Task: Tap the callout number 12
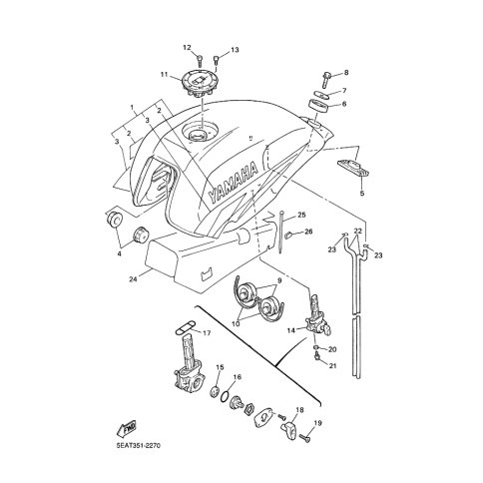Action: pyautogui.click(x=187, y=48)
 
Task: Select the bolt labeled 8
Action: pyautogui.click(x=326, y=79)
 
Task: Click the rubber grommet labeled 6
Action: pyautogui.click(x=318, y=106)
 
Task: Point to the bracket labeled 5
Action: pyautogui.click(x=354, y=168)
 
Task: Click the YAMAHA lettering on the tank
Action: pyautogui.click(x=234, y=183)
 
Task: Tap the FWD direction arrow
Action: pyautogui.click(x=126, y=429)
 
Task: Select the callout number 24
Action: pyautogui.click(x=134, y=279)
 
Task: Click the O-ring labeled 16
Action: pyautogui.click(x=225, y=396)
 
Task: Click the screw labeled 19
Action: pyautogui.click(x=305, y=438)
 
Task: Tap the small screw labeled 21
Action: pyautogui.click(x=317, y=357)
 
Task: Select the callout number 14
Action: pyautogui.click(x=291, y=330)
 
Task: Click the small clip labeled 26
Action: pyautogui.click(x=289, y=235)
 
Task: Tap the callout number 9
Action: pyautogui.click(x=279, y=280)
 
